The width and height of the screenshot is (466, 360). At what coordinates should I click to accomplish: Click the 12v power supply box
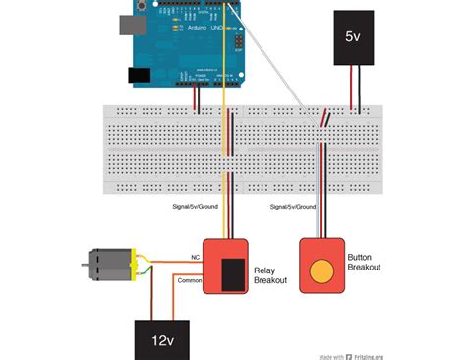tap(163, 339)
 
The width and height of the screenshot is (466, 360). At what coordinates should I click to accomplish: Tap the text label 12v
tap(163, 342)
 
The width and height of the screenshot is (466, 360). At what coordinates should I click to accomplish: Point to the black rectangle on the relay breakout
tap(233, 274)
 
